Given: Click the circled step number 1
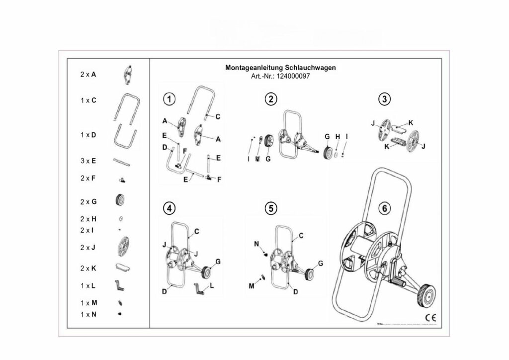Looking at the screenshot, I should pos(170,99).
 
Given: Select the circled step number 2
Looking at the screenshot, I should pos(270,99).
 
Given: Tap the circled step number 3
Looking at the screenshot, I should pos(384,99).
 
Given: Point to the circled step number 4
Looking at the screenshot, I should pos(170,209).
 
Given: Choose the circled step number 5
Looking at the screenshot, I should pos(270,209).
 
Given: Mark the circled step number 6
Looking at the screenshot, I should pos(384,209).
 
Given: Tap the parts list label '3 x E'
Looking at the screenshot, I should pos(88,161).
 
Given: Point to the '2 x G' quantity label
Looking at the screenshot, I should pos(88,201).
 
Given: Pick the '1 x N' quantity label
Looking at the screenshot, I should pos(88,314).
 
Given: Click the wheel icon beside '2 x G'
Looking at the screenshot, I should pos(119,200).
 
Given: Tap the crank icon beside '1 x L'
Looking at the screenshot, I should pos(120,285).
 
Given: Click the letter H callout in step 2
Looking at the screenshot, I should pos(337,137).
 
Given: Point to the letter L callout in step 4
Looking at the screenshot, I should pos(212,285).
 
